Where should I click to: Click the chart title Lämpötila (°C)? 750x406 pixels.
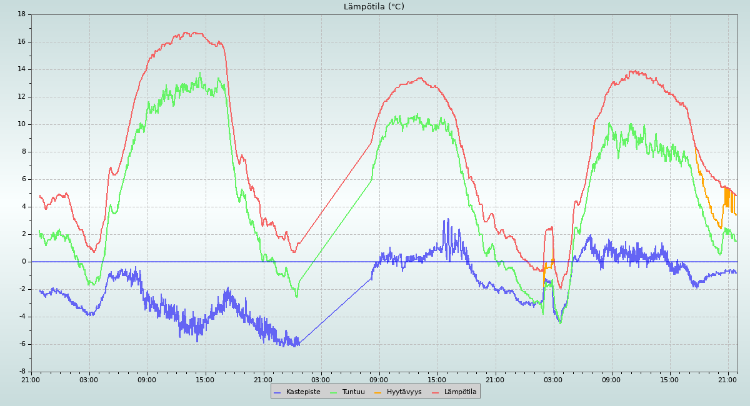[x=374, y=7]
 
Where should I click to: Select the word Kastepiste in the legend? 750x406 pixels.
[x=303, y=392]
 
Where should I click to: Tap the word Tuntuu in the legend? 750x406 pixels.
[x=353, y=392]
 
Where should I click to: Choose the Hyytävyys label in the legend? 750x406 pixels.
[x=404, y=392]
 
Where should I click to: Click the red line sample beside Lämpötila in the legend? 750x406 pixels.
[x=435, y=392]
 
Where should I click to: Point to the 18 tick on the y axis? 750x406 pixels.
[x=22, y=14]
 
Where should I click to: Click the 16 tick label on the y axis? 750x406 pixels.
[x=22, y=42]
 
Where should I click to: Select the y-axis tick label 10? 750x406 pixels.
[x=22, y=124]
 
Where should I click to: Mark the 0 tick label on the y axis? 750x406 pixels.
[x=24, y=262]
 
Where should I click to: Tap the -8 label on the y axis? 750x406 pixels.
[x=22, y=372]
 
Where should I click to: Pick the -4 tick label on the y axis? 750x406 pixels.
[x=22, y=317]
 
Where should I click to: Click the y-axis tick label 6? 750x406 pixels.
[x=24, y=179]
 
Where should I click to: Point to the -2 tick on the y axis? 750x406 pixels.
[x=22, y=289]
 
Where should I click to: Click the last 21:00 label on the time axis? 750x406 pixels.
[x=728, y=379]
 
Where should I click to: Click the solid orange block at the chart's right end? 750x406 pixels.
[x=727, y=197]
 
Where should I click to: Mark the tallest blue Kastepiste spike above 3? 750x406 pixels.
[x=448, y=220]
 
